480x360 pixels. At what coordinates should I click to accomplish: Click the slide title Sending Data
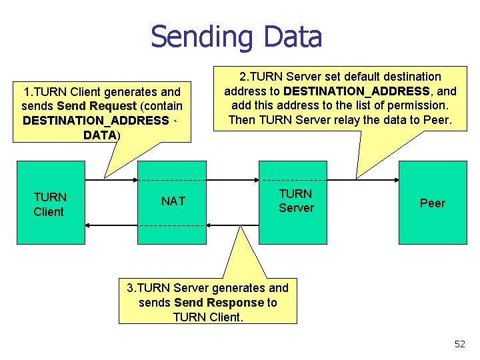(x=236, y=37)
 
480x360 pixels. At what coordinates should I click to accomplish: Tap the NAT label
(x=173, y=201)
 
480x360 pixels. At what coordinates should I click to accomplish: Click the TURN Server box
(x=293, y=201)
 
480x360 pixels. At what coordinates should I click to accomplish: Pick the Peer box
(x=432, y=203)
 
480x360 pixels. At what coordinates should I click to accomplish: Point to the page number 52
(x=459, y=344)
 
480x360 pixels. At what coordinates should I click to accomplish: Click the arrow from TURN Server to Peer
(x=363, y=180)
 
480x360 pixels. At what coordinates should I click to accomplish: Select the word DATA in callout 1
(x=100, y=135)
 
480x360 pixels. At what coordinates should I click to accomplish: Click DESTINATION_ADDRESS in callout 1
(x=95, y=120)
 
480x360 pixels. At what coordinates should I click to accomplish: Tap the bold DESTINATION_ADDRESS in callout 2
(x=357, y=91)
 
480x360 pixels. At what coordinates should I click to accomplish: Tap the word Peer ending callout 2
(x=436, y=120)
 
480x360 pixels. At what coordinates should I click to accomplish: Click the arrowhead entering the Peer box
(x=395, y=180)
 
